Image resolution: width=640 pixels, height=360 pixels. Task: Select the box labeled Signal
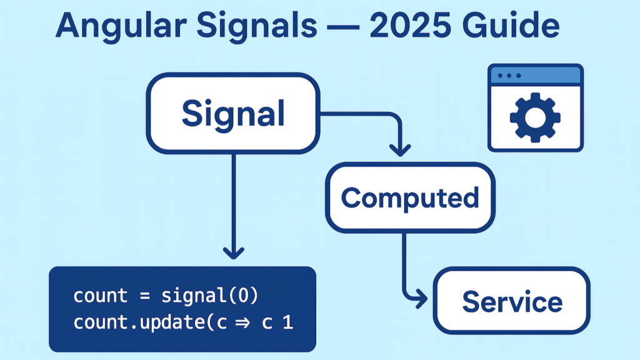(x=232, y=113)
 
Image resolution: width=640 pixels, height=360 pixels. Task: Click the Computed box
(x=409, y=197)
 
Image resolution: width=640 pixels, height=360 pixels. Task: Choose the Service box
(x=511, y=301)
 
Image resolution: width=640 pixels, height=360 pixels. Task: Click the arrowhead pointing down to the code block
(x=233, y=252)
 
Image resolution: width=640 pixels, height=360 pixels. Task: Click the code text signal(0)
(x=209, y=295)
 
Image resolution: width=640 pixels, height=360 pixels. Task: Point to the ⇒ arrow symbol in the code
(x=250, y=323)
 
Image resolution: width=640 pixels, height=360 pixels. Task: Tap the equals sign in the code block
(x=144, y=295)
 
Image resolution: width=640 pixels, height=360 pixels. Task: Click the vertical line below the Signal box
(x=233, y=200)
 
